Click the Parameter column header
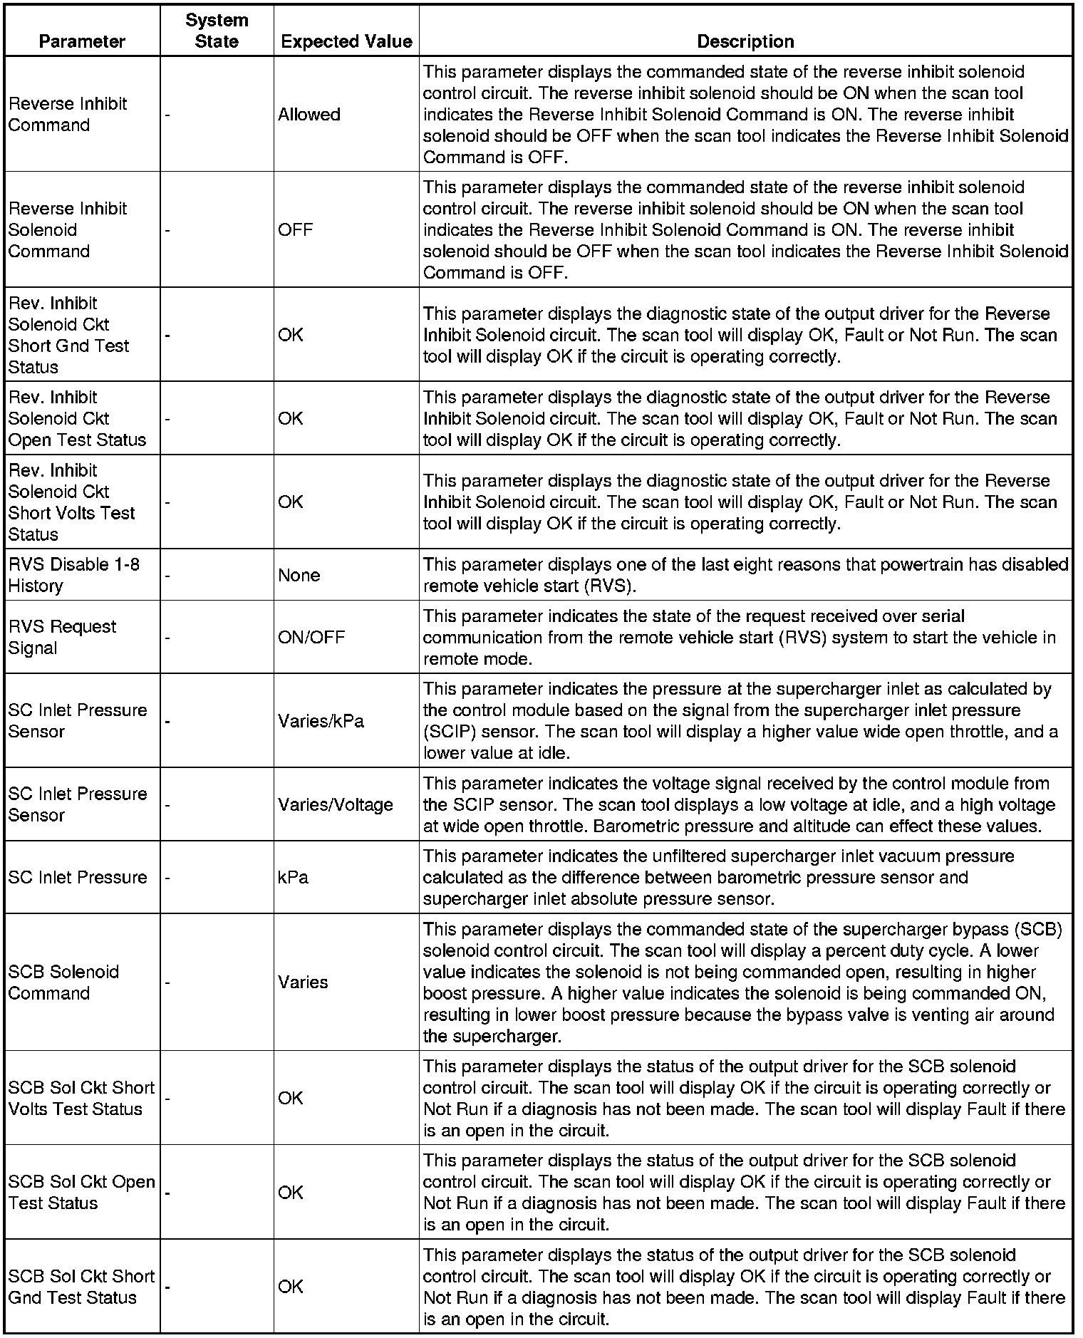[x=82, y=41]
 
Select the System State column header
[x=217, y=31]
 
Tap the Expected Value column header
[x=346, y=41]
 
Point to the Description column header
[x=745, y=41]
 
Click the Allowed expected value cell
[x=309, y=115]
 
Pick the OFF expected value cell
[x=296, y=230]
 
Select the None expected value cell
[x=299, y=575]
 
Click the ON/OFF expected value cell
[x=311, y=637]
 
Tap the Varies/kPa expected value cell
[x=321, y=721]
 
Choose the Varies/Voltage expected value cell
[x=336, y=804]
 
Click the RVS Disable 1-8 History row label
[x=74, y=575]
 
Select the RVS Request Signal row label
[x=62, y=637]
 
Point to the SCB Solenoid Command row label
[x=63, y=982]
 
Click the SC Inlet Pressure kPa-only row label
[x=78, y=877]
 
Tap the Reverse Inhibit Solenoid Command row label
[x=67, y=230]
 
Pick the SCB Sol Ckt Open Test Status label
[x=81, y=1192]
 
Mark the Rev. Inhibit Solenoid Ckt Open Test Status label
[x=77, y=418]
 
